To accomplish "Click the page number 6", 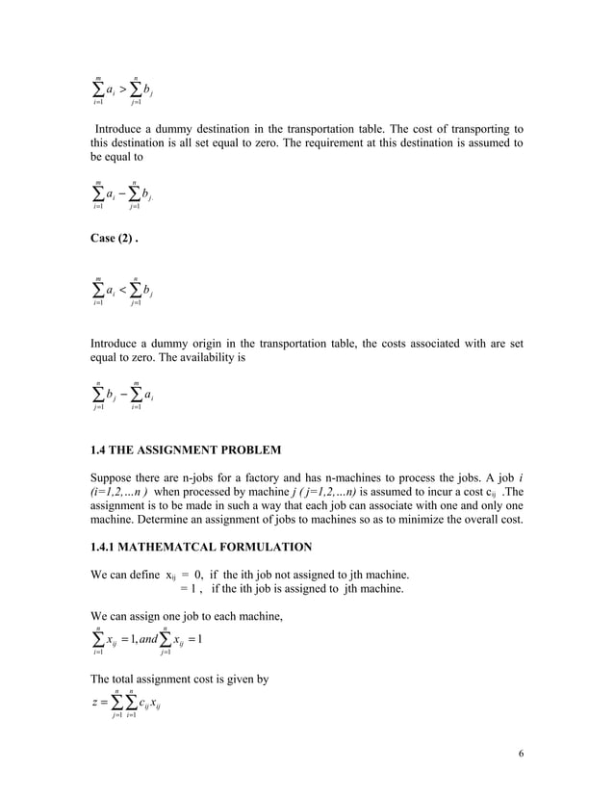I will click(x=521, y=754).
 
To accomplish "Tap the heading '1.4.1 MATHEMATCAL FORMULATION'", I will click(x=200, y=548).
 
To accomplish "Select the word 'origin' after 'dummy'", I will click(x=225, y=342).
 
